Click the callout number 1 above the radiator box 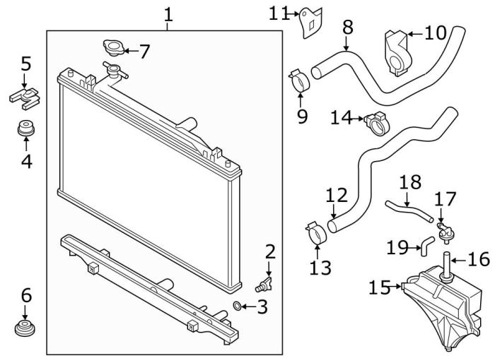point(168,13)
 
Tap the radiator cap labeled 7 point(112,49)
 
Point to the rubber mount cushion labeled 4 point(26,131)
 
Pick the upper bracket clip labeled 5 point(24,96)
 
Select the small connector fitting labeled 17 point(444,230)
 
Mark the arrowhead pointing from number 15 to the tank point(402,287)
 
